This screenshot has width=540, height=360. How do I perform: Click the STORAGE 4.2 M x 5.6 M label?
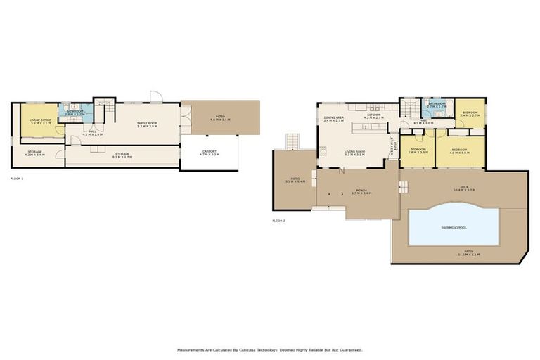36,153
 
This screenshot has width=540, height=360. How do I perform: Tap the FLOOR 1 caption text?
17,179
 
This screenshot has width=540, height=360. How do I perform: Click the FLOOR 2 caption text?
278,221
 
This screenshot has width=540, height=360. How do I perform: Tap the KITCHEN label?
373,115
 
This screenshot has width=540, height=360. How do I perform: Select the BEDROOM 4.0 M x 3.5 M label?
460,150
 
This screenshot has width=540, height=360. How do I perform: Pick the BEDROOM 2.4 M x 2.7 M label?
470,113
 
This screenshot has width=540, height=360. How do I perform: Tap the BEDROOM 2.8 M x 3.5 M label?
418,150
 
